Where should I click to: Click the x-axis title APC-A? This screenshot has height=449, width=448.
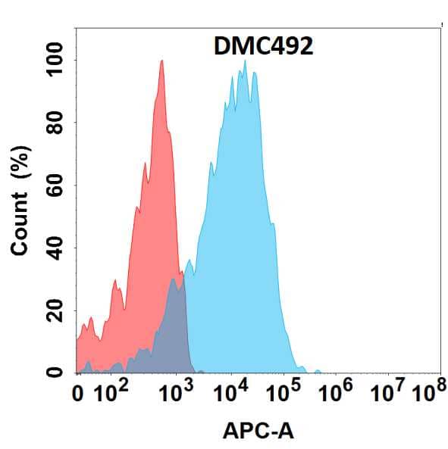258,432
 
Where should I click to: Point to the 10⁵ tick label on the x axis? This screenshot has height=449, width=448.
284,392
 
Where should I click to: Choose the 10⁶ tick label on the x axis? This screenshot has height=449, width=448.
338,392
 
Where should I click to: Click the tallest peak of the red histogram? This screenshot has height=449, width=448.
161,62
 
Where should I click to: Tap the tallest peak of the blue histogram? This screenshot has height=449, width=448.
243,62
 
